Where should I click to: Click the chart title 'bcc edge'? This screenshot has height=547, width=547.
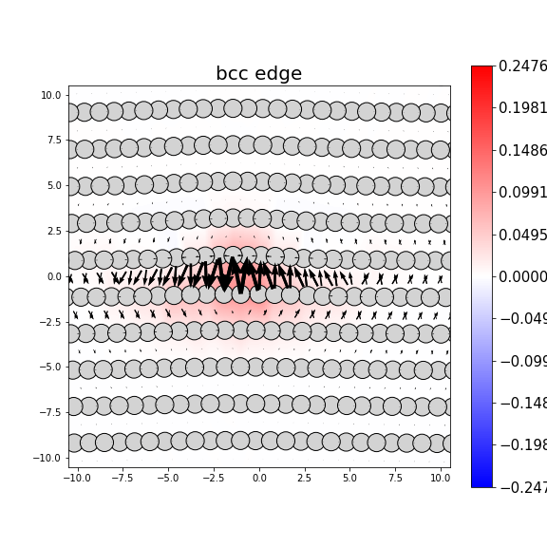click(x=258, y=74)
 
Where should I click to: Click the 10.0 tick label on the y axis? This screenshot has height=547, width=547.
click(x=51, y=95)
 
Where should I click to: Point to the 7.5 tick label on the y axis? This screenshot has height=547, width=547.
click(x=54, y=141)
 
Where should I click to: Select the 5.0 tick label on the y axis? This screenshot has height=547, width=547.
click(x=54, y=186)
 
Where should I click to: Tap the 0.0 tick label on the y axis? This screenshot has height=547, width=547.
click(x=54, y=276)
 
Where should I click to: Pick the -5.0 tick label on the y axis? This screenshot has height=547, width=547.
click(x=50, y=368)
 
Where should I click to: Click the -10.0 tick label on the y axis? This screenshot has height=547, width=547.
click(x=48, y=458)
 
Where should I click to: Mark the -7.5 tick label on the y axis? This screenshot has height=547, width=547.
click(x=50, y=412)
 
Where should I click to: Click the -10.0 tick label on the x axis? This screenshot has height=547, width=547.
click(x=77, y=478)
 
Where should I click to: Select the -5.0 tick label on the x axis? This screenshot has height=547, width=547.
click(x=168, y=478)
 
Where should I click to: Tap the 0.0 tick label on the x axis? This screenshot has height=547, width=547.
click(x=259, y=478)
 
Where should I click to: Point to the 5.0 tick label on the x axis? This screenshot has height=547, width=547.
click(x=349, y=478)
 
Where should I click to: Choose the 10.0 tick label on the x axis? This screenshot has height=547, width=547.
click(x=440, y=478)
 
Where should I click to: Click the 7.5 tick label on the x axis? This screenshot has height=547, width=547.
click(x=395, y=478)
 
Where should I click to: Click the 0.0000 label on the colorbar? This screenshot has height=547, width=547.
click(x=523, y=276)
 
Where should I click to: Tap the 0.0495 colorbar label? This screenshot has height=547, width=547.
click(x=523, y=235)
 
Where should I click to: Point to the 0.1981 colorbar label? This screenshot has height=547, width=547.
click(x=523, y=107)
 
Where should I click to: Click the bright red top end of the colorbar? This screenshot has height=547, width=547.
click(x=481, y=69)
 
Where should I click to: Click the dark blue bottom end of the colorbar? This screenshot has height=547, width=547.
click(x=481, y=483)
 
